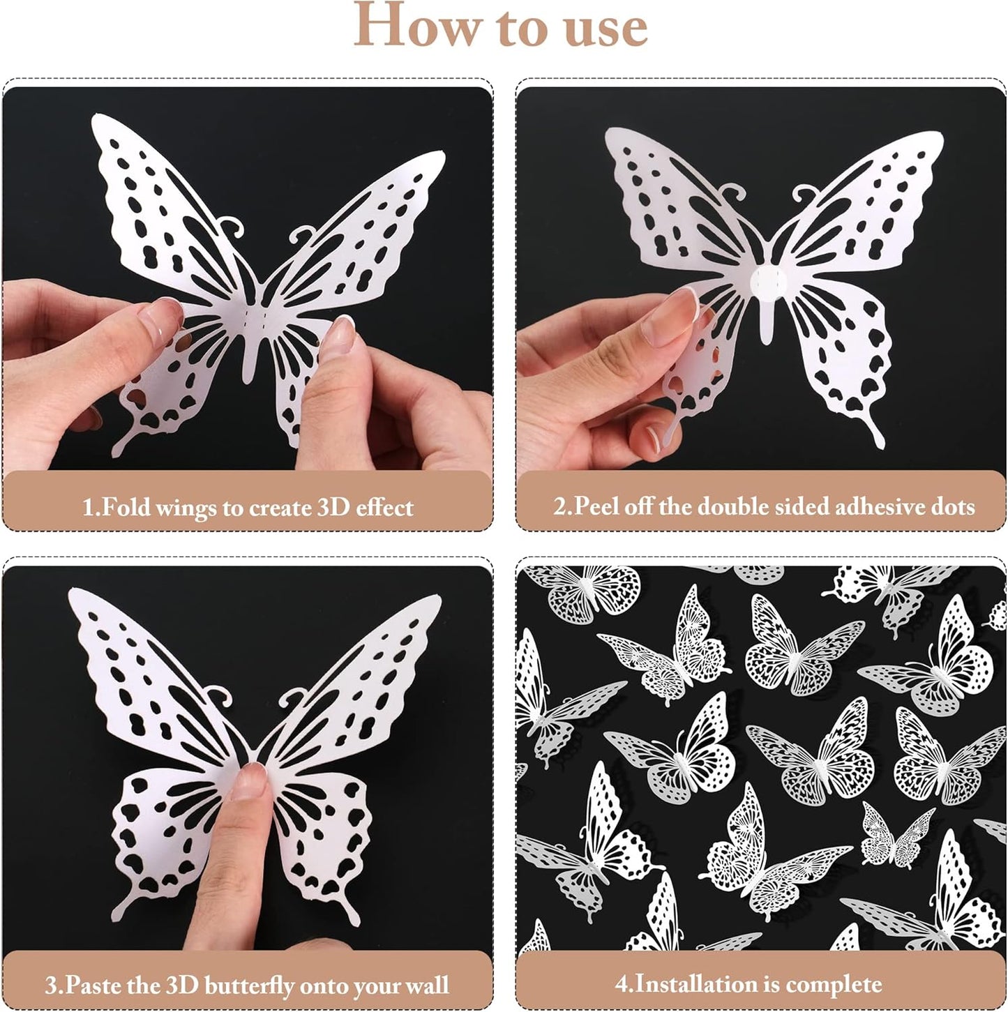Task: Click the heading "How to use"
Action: pyautogui.click(x=501, y=27)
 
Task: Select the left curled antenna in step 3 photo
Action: pyautogui.click(x=220, y=695)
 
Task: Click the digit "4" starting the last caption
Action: pyautogui.click(x=622, y=985)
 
